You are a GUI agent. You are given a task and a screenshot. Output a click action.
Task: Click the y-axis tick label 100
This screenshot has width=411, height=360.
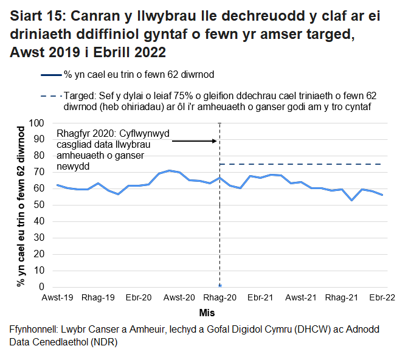(x=38, y=123)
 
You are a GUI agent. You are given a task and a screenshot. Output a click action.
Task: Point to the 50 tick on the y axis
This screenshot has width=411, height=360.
(x=40, y=205)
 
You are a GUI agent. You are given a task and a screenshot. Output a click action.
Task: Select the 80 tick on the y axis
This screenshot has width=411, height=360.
(x=40, y=156)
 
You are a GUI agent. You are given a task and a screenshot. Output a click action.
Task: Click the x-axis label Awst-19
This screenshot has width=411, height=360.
(x=57, y=298)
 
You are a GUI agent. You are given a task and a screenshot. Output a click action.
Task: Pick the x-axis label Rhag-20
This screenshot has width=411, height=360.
(x=219, y=298)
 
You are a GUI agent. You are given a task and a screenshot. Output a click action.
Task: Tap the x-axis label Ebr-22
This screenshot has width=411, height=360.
(x=381, y=298)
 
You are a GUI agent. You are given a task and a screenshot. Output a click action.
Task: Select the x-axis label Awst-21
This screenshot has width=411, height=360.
(x=300, y=298)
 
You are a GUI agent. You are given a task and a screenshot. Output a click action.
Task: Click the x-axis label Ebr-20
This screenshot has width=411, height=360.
(x=139, y=298)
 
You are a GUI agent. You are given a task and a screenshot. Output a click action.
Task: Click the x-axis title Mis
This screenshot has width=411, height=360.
(x=207, y=312)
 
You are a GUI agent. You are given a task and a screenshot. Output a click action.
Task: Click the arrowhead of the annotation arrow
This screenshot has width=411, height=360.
(x=215, y=141)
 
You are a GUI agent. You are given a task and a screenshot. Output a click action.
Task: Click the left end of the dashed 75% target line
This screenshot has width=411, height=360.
(x=221, y=164)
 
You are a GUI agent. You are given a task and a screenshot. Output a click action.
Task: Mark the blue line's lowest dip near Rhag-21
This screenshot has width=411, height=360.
(x=351, y=200)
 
